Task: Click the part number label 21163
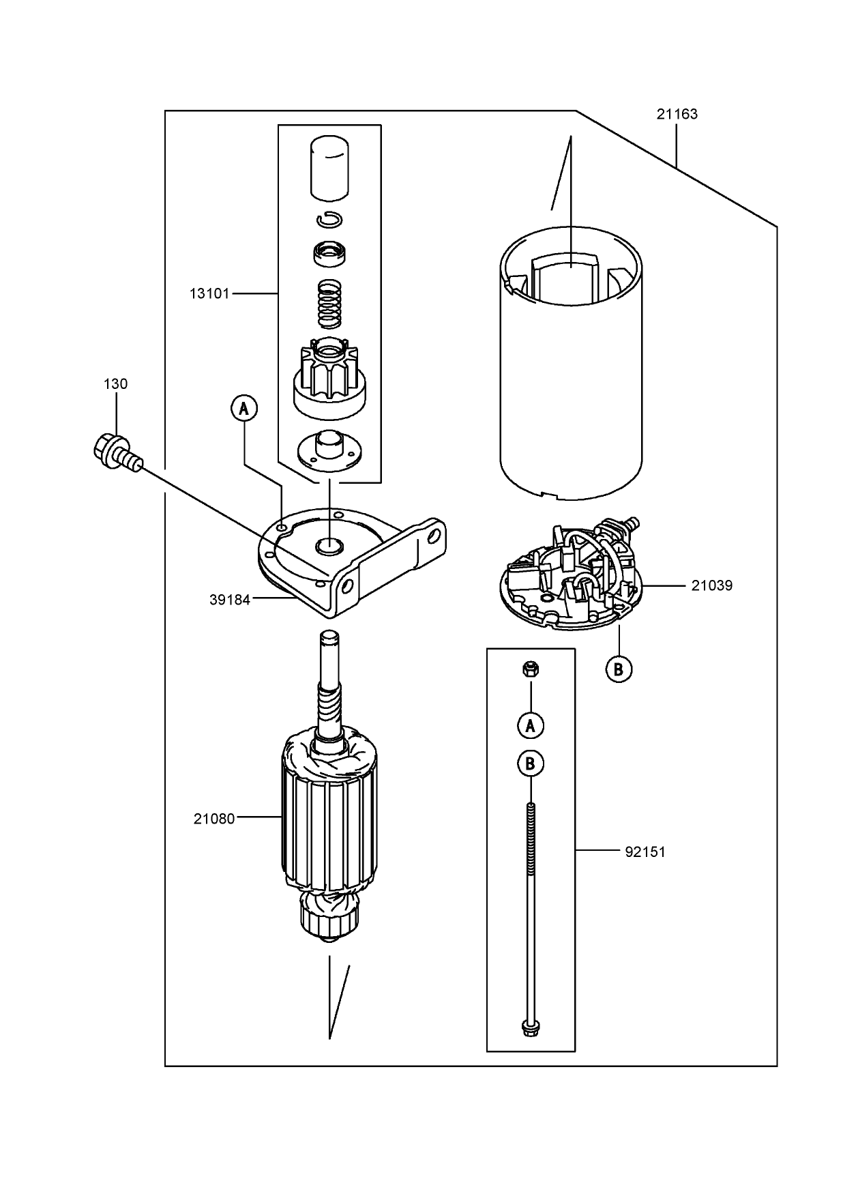point(677,114)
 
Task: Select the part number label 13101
point(210,294)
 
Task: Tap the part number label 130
point(115,384)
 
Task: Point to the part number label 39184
point(230,600)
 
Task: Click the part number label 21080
point(214,818)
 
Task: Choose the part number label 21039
point(712,585)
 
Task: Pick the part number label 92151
point(645,851)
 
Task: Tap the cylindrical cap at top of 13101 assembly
point(329,169)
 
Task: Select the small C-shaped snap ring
point(330,220)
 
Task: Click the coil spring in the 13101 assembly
point(330,303)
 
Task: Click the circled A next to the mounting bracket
point(244,409)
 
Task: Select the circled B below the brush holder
point(619,669)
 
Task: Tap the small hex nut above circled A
point(530,669)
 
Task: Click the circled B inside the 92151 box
point(530,763)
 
